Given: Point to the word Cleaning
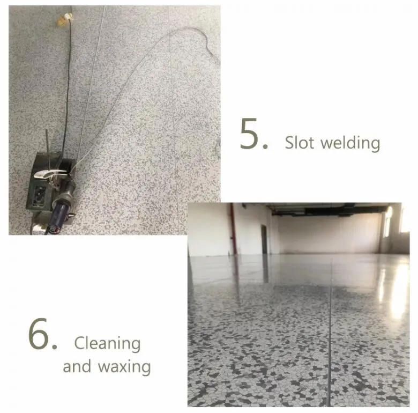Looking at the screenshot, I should (107, 344).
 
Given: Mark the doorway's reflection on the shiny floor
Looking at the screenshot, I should (265, 268).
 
